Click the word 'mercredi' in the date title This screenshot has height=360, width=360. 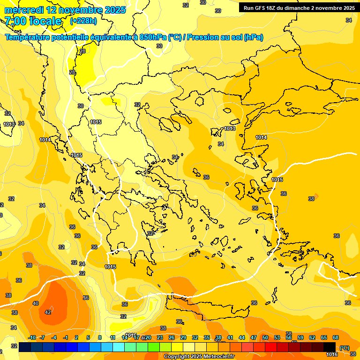tap(24, 10)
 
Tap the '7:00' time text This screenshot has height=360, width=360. tap(15, 21)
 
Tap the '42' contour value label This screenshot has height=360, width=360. tap(48, 312)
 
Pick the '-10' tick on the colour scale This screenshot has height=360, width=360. tap(32, 337)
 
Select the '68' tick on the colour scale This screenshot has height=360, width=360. tap(336, 337)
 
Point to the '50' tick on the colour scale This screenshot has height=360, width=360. tap(265, 337)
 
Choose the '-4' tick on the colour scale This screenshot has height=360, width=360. tap(54, 337)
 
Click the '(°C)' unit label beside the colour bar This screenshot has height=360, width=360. tap(345, 348)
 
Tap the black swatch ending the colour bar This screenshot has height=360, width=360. tap(330, 347)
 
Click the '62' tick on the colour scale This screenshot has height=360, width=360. tap(312, 337)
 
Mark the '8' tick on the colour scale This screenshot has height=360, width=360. tap(100, 337)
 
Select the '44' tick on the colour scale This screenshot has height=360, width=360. tap(242, 337)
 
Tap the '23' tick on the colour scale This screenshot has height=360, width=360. tap(160, 337)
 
